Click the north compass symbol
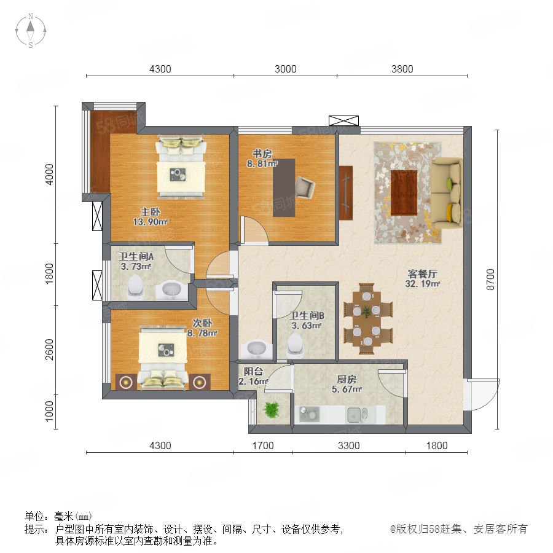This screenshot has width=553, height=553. click(x=31, y=30)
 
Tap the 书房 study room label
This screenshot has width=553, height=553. click(x=262, y=154)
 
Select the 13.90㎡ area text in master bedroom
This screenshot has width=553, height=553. click(x=150, y=222)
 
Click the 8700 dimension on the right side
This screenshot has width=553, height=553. click(x=490, y=280)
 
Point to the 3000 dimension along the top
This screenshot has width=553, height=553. click(x=285, y=69)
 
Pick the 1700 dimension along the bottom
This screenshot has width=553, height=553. click(x=263, y=445)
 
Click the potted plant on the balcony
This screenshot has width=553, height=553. click(x=272, y=410)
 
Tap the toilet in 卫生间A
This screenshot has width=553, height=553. click(x=135, y=285)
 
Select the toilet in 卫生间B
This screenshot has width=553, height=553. click(x=295, y=344)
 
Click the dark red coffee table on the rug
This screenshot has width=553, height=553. click(x=404, y=192)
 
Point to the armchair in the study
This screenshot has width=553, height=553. click(x=304, y=187)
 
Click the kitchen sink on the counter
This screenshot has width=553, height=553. click(x=357, y=414)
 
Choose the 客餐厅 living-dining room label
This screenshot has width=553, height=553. click(x=422, y=273)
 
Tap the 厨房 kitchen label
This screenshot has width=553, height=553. click(x=347, y=380)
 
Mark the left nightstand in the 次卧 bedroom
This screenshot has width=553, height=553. click(x=126, y=382)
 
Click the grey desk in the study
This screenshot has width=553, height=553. click(x=284, y=187)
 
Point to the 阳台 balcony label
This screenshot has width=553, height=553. click(x=253, y=371)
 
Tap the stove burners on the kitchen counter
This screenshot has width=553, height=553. click(x=309, y=414)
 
